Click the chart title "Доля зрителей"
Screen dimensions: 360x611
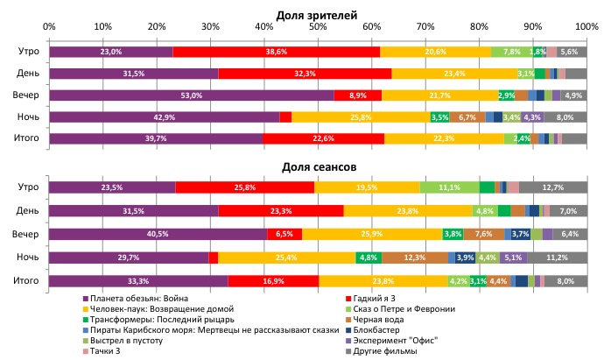[x=316, y=15]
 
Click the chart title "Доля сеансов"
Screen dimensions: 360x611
[x=316, y=166]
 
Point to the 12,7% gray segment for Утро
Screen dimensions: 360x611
[x=552, y=187]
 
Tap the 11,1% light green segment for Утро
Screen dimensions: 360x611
[x=449, y=187]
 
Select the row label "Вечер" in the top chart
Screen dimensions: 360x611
[x=26, y=95]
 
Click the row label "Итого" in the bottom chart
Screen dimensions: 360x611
[x=26, y=280]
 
